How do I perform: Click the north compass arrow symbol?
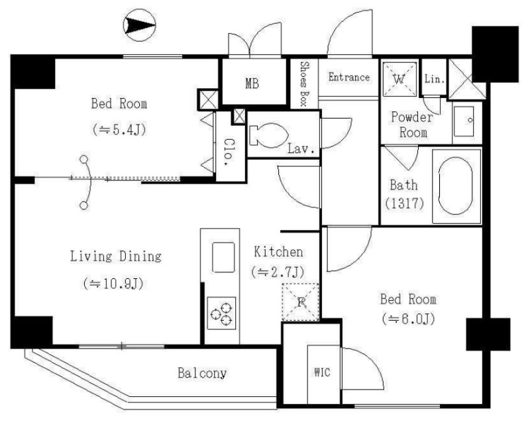pyautogui.click(x=140, y=25)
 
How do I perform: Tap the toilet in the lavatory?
pyautogui.click(x=268, y=136)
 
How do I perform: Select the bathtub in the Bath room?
pyautogui.click(x=456, y=186)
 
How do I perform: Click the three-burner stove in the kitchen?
pyautogui.click(x=221, y=313)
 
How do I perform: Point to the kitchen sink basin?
pyautogui.click(x=223, y=257)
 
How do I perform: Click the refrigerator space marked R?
pyautogui.click(x=301, y=302)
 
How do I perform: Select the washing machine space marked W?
pyautogui.click(x=399, y=79)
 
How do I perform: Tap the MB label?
pyautogui.click(x=252, y=83)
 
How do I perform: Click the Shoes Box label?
pyautogui.click(x=304, y=83)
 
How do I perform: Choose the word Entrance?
pyautogui.click(x=349, y=77)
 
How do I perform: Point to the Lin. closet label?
pyautogui.click(x=435, y=80)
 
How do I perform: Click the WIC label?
pyautogui.click(x=322, y=372)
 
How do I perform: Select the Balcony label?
pyautogui.click(x=202, y=373)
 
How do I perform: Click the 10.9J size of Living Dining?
pyautogui.click(x=113, y=284)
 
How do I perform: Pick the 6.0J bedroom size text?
pyautogui.click(x=408, y=319)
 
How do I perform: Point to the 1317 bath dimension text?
pyautogui.click(x=405, y=203)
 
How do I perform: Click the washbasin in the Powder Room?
pyautogui.click(x=464, y=121)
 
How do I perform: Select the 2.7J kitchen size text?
pyautogui.click(x=278, y=272)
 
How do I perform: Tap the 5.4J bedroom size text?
pyautogui.click(x=119, y=129)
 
